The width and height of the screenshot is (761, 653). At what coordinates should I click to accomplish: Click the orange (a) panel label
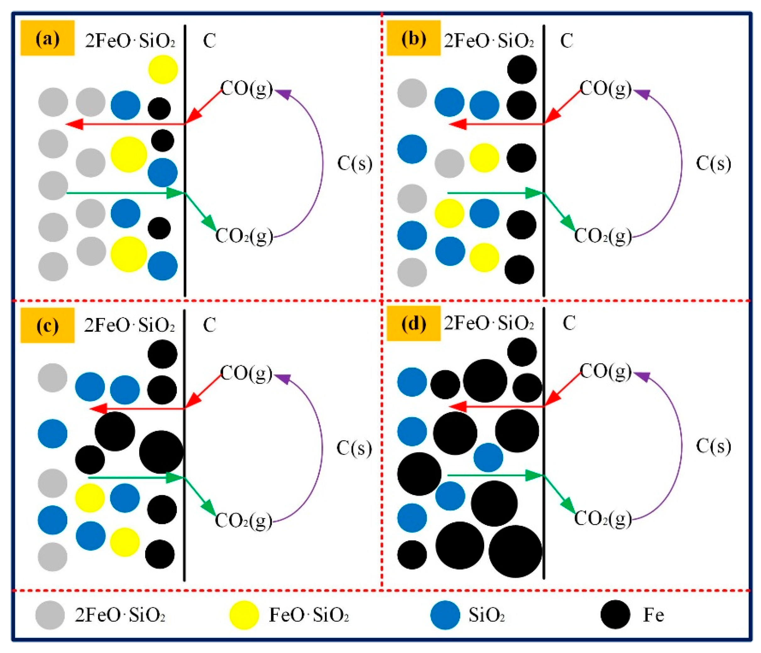pos(47,38)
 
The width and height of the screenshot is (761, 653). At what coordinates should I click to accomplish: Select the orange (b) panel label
pos(413,38)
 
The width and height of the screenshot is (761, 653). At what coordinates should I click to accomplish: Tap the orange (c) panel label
pos(47,325)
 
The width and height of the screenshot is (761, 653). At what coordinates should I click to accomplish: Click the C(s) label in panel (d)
pos(713,446)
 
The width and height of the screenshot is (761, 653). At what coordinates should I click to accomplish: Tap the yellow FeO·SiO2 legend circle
pos(244,615)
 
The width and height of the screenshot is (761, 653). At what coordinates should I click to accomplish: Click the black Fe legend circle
pos(616,615)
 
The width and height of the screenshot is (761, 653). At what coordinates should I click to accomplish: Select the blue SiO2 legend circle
pos(445,615)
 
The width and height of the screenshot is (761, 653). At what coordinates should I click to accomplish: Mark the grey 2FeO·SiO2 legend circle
pos(50,615)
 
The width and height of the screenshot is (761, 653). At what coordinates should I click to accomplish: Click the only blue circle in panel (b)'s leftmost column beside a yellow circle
pos(412,235)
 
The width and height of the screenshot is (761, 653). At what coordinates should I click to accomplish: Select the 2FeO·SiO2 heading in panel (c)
pos(129,325)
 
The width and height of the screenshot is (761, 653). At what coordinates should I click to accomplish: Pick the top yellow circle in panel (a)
pos(163,69)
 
